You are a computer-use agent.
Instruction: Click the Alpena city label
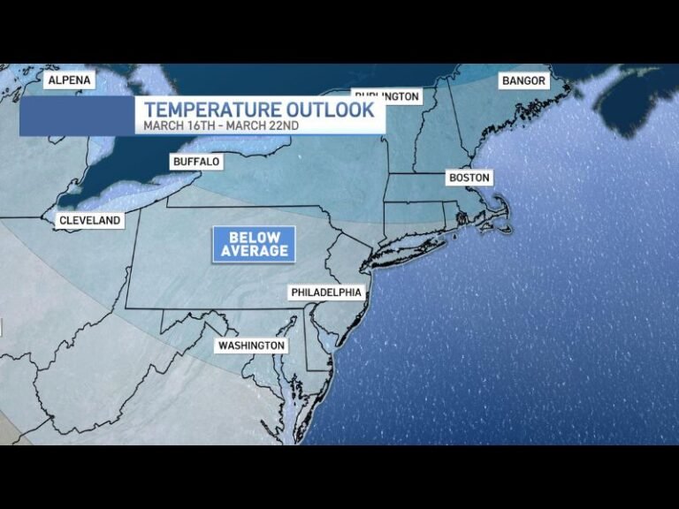coord(69,80)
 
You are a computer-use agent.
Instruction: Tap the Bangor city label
coord(523,80)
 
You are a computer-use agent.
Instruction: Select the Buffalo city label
coord(196,163)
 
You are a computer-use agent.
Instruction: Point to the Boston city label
coord(469,178)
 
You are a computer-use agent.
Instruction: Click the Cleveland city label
coord(89,221)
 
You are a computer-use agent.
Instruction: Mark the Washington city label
coord(252,346)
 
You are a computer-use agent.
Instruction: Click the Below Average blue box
coord(254,244)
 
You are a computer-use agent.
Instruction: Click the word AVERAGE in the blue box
coord(255,251)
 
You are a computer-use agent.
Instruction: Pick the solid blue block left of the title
coord(76,116)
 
